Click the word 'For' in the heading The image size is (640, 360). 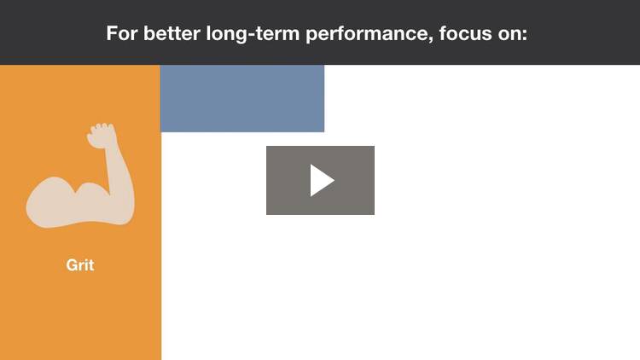(x=122, y=33)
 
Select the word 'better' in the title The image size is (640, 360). (x=172, y=33)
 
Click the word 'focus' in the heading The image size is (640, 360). (x=465, y=33)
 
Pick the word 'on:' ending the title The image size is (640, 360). (x=513, y=34)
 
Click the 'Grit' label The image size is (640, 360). (x=80, y=265)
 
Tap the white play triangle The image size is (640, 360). (x=322, y=180)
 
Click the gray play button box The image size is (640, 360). (x=320, y=180)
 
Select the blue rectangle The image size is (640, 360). (x=242, y=98)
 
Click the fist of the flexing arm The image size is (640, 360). (x=102, y=136)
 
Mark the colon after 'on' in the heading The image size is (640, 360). (x=525, y=35)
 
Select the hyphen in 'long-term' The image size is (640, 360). (x=251, y=35)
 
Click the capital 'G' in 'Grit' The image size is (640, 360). (x=72, y=265)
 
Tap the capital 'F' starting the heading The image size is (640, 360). (x=112, y=33)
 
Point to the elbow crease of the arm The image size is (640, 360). (x=109, y=193)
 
